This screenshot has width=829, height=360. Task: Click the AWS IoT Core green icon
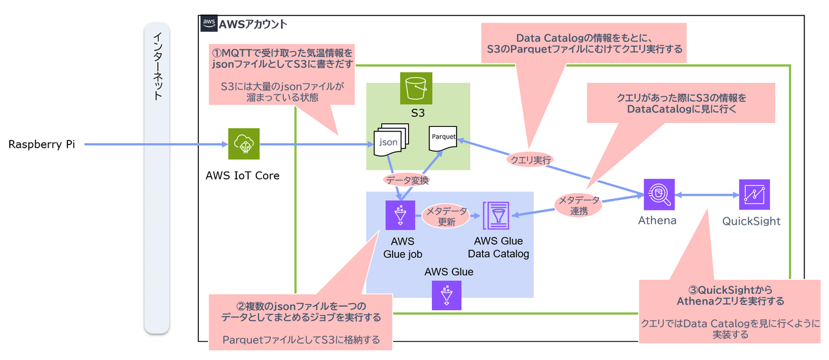pos(244,144)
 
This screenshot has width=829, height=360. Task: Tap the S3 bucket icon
pos(416,88)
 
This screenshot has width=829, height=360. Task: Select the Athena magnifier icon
pos(659,194)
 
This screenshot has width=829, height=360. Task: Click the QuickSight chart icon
pos(755,194)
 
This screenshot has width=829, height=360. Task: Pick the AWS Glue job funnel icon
pos(400,215)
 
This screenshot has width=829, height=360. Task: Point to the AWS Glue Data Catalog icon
pos(496,216)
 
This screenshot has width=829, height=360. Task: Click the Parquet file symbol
pos(442,139)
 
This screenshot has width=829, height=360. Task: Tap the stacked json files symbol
pos(391,139)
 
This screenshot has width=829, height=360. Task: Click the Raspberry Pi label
pos(41,144)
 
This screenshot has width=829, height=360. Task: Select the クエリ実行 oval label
pos(530,160)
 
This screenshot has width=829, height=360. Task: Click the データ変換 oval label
pos(407,180)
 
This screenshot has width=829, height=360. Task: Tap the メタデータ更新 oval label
pos(446,216)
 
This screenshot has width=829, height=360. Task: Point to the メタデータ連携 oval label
pos(578,205)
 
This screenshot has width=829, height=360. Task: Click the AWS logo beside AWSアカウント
pos(209,23)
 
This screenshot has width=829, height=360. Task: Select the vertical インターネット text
pos(157,67)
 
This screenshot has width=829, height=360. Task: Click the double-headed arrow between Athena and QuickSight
pos(707,195)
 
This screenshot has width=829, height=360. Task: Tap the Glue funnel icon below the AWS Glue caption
pos(446,295)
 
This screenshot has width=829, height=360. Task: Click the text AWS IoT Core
pos(242,175)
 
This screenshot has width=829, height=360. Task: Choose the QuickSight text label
pos(751,221)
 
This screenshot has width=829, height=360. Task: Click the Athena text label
pos(657,221)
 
